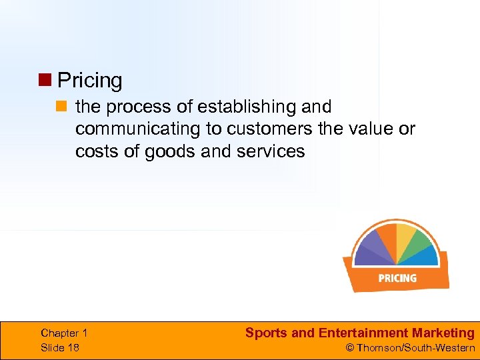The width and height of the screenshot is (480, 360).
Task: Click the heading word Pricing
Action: tap(90, 81)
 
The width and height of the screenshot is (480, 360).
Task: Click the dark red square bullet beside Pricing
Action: tap(45, 81)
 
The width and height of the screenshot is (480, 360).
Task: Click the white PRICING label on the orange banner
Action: tap(397, 278)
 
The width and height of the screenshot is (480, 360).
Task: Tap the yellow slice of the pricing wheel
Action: tap(405, 237)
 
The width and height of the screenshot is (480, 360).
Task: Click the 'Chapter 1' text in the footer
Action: tap(64, 333)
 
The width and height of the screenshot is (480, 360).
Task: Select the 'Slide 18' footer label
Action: tap(60, 347)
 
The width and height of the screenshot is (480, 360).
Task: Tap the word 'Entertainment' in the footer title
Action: tap(363, 333)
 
